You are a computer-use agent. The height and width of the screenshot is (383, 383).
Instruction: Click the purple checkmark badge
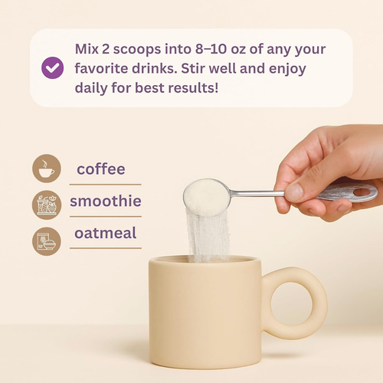[52, 67]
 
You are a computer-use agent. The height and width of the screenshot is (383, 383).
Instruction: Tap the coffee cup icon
[47, 169]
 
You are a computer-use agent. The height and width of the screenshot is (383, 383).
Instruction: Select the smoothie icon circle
[47, 205]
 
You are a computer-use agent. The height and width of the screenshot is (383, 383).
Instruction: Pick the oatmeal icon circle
[47, 241]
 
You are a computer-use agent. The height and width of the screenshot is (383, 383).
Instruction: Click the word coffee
[101, 169]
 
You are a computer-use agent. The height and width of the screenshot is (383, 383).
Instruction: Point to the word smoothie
[106, 201]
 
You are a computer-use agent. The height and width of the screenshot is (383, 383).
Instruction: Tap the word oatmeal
[105, 233]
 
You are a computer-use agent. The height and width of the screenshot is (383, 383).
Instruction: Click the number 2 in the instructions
[106, 49]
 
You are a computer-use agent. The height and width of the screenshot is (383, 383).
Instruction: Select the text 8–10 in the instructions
[211, 49]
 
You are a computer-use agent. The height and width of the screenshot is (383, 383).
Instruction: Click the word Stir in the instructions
[192, 68]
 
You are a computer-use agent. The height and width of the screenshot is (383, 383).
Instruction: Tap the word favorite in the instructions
[101, 68]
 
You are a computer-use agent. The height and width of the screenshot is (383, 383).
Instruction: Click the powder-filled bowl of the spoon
[206, 197]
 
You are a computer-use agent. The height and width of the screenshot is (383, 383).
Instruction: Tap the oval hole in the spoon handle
[362, 192]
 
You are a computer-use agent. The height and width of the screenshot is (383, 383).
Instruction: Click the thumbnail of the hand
[294, 191]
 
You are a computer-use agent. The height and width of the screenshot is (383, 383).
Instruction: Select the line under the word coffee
[105, 185]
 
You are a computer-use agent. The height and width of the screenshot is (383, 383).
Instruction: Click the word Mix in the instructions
[87, 49]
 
